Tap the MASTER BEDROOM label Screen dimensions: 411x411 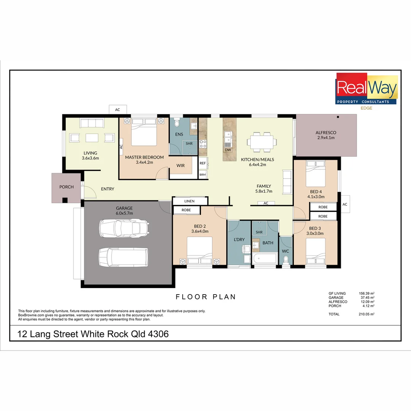[x=144, y=157]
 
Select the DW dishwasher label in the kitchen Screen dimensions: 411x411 [x=228, y=150]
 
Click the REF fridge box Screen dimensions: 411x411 [x=202, y=163]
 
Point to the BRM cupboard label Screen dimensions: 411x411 [x=202, y=175]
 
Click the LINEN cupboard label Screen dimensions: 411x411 [x=189, y=201]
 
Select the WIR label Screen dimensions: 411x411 [x=180, y=166]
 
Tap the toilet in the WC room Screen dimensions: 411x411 [x=286, y=260]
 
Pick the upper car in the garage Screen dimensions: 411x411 [x=123, y=228]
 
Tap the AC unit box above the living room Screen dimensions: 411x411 [x=118, y=110]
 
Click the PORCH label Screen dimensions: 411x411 [x=66, y=187]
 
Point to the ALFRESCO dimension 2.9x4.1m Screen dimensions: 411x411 [x=326, y=138]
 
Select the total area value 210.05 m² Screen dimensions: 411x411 [x=367, y=314]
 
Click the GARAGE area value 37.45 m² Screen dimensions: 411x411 [x=367, y=298]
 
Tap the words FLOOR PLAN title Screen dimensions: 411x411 [x=205, y=297]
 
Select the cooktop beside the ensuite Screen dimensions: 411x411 [x=203, y=143]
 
